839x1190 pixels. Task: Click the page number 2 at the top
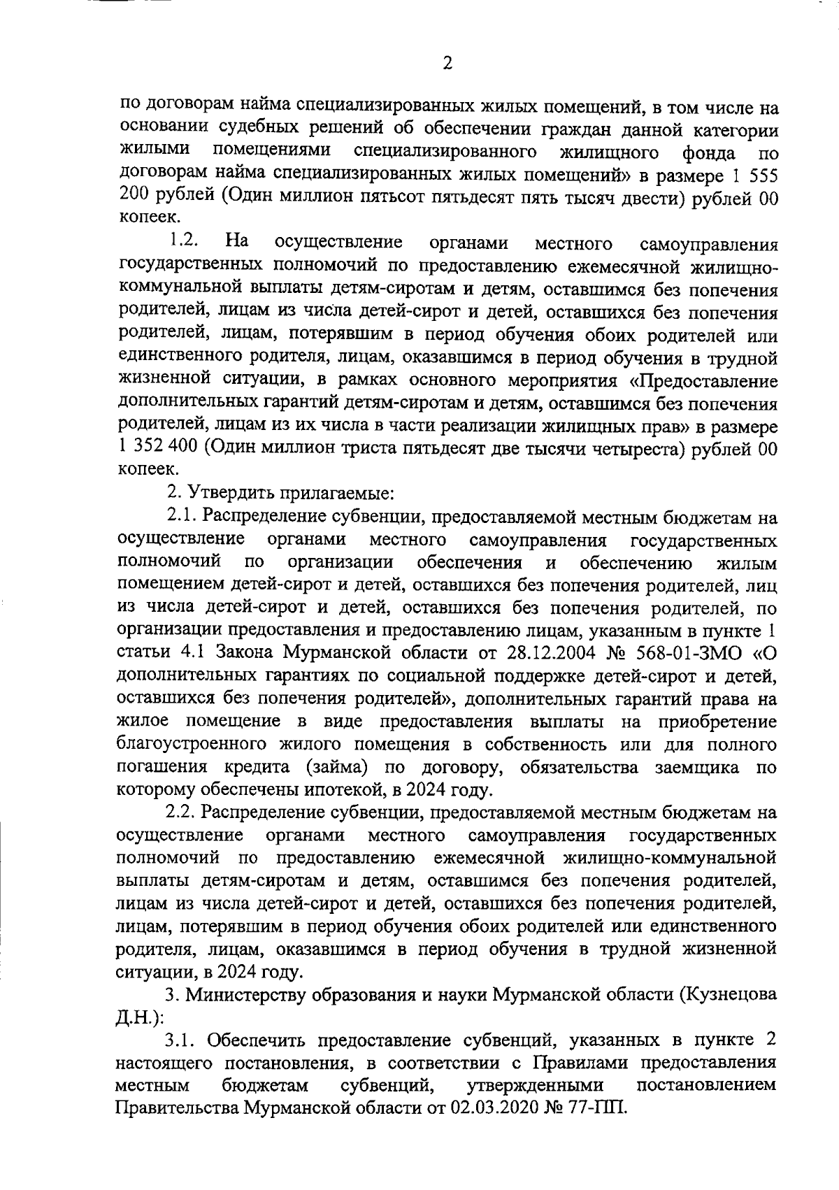[x=447, y=64]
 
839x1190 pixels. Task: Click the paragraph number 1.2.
[x=183, y=242]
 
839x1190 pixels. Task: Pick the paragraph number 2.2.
[x=182, y=813]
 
